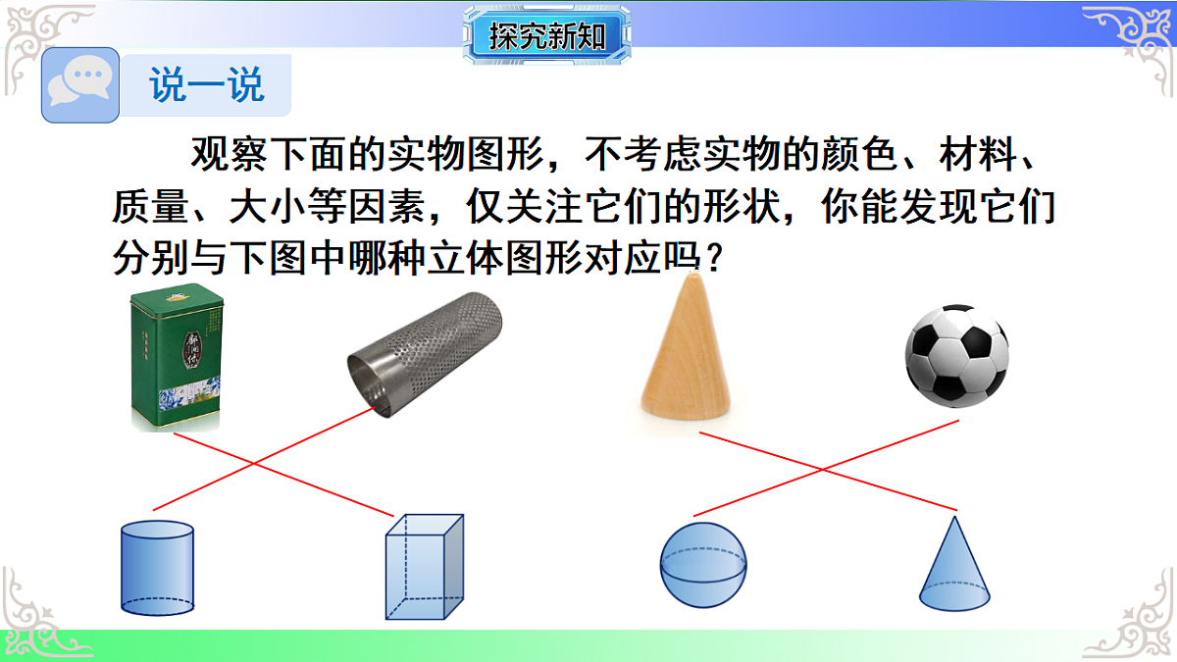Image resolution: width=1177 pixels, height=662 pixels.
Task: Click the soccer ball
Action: (956, 353)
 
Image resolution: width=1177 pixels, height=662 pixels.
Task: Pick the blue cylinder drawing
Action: (156, 568)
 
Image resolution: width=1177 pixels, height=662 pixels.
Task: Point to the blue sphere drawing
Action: (704, 565)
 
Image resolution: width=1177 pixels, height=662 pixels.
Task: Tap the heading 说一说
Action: (207, 85)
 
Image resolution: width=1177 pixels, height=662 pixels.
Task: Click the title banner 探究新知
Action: (547, 37)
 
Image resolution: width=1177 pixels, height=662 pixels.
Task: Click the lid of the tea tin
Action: (177, 294)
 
